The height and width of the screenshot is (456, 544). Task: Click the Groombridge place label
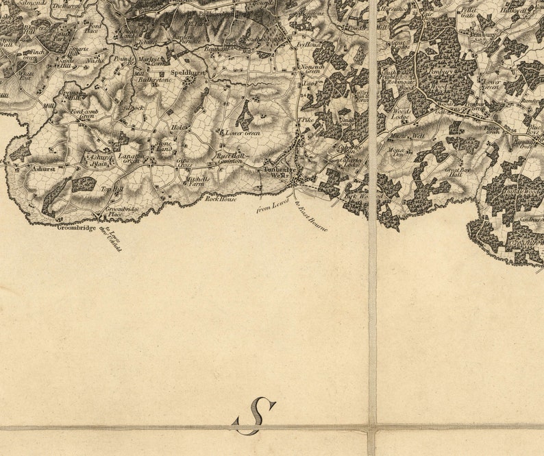coord(75,227)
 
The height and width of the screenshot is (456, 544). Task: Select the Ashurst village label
coord(43,167)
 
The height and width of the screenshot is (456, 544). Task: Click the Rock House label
coord(221,199)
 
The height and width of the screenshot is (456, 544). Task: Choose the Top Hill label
coord(111,189)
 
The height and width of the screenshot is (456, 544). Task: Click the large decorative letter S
coord(256,416)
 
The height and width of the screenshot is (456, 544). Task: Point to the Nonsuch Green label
coord(312,68)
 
